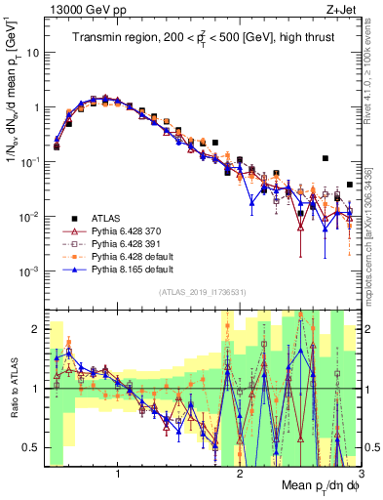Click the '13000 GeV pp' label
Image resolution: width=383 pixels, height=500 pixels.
83,10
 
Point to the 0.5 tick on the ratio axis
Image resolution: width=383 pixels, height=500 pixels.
35,448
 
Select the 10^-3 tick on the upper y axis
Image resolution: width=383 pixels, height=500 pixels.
32,271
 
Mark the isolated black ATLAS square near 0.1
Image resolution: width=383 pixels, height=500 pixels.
326,158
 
